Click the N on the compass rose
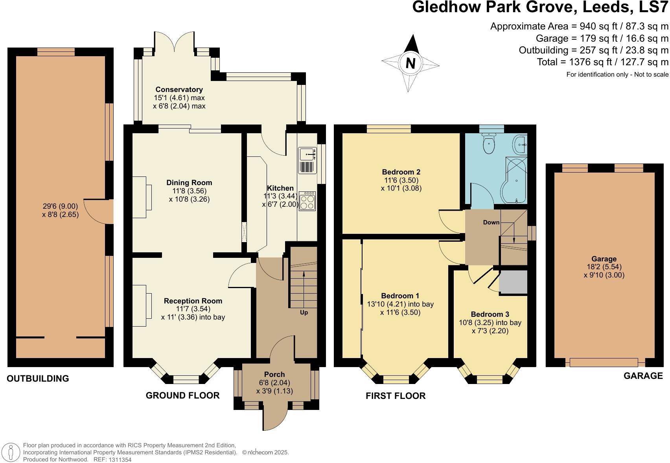[x=410, y=63]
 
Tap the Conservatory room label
[x=179, y=90]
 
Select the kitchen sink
[x=307, y=154]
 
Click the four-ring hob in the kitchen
[x=307, y=201]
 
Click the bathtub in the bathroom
[x=515, y=180]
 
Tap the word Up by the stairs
[x=304, y=312]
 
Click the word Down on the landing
[x=491, y=222]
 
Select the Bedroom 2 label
[x=401, y=172]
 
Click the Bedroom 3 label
[x=490, y=314]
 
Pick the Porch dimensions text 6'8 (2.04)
[x=274, y=383]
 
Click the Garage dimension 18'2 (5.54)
[x=604, y=267]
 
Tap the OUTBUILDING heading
[x=38, y=378]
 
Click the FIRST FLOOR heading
[x=396, y=396]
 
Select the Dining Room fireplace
[x=142, y=197]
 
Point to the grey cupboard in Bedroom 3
[x=513, y=282]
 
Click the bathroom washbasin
[x=521, y=145]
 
